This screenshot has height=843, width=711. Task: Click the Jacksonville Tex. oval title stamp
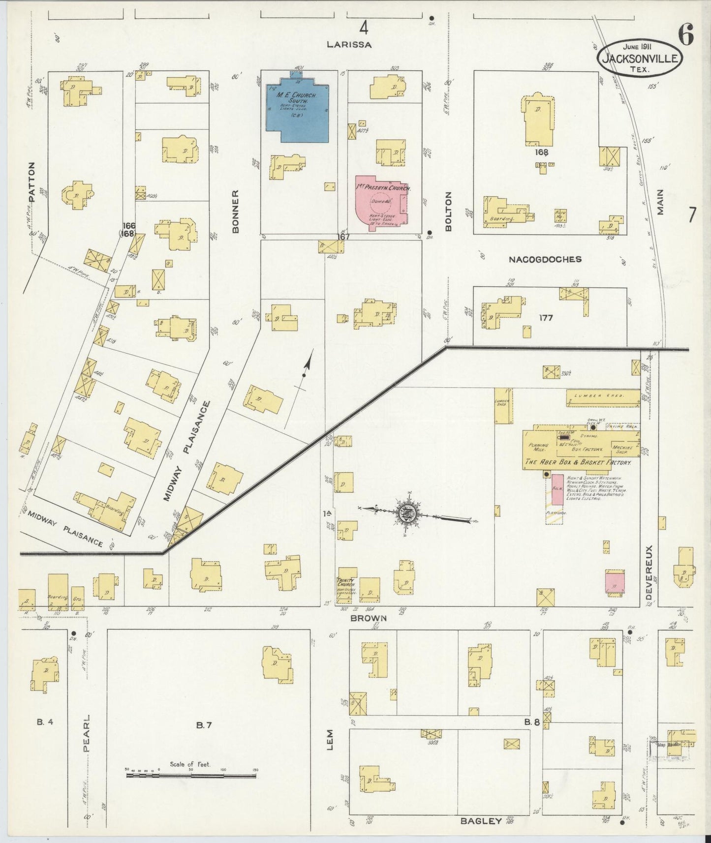click(x=640, y=58)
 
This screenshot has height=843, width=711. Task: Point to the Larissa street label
click(x=349, y=44)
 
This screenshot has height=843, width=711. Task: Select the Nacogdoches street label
click(x=545, y=259)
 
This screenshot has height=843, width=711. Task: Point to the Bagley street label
click(x=481, y=820)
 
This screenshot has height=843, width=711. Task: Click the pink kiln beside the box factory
click(x=557, y=489)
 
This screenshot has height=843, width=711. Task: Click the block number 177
click(x=546, y=318)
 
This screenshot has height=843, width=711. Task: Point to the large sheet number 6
click(x=686, y=35)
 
